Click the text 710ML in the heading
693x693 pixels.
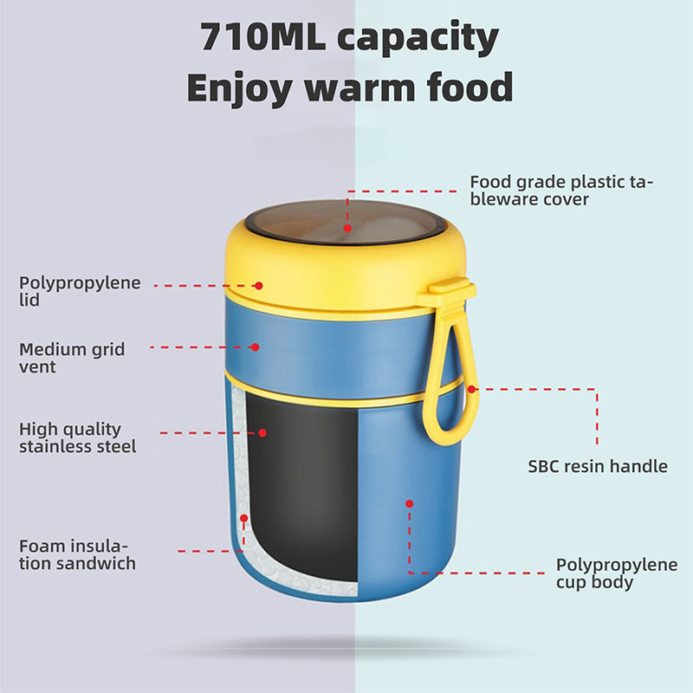(263, 36)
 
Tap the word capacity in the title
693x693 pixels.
(418, 39)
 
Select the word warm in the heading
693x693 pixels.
(359, 87)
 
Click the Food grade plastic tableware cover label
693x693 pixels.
(561, 191)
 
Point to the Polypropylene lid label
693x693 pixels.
(80, 291)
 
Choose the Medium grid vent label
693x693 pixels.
(72, 358)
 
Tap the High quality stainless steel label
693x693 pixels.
(77, 437)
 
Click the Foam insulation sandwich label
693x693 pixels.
(77, 554)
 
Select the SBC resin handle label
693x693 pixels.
(598, 466)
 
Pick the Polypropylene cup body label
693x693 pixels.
(617, 573)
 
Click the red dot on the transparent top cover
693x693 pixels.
(347, 229)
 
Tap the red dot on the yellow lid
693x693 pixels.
(259, 286)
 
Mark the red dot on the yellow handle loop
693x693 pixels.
(471, 389)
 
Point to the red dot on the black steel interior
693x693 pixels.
(262, 433)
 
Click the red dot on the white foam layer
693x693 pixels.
(244, 518)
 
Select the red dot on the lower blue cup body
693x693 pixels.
(409, 504)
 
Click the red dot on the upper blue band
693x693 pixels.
(255, 347)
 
